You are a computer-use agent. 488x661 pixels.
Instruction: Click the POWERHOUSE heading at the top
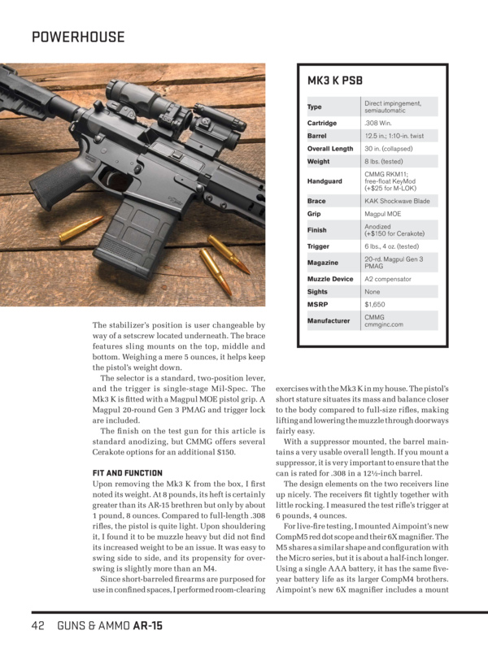[78, 37]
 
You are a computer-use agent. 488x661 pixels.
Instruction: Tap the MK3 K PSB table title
[334, 81]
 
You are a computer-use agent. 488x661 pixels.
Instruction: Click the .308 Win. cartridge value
[378, 123]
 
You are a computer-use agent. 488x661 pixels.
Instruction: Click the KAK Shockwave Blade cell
[397, 201]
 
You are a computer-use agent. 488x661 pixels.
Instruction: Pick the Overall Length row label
[329, 149]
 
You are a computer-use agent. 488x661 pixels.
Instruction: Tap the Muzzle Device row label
[329, 279]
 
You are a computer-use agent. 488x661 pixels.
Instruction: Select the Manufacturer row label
[328, 320]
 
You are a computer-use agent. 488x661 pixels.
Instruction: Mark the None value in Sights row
[373, 292]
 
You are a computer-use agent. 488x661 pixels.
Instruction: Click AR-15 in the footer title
[146, 626]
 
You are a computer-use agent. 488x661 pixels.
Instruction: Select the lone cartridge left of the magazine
[81, 228]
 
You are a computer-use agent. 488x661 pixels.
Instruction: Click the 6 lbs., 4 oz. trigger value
[391, 246]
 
